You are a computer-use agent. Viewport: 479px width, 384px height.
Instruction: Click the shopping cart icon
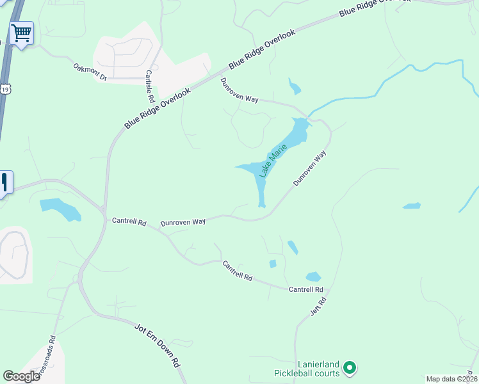(x=21, y=33)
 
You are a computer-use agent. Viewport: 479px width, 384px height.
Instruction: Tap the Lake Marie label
(x=273, y=161)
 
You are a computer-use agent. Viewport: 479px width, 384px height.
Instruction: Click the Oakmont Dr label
(x=89, y=71)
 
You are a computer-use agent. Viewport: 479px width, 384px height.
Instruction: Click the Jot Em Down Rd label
(x=158, y=345)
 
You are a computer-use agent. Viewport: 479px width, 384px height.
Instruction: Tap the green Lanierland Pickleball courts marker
(x=350, y=367)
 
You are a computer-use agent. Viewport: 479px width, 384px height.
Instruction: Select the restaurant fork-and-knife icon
(x=4, y=182)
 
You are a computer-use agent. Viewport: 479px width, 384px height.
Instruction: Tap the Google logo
(x=21, y=376)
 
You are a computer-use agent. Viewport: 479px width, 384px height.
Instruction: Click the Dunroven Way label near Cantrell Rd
(x=183, y=221)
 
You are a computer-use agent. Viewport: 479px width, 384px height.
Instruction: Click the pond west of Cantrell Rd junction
(x=60, y=209)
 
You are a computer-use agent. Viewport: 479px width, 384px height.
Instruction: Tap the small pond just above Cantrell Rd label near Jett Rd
(x=313, y=277)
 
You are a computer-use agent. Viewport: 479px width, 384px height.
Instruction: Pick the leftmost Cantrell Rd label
(x=129, y=221)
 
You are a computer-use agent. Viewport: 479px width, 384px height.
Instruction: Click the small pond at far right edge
(x=412, y=206)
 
